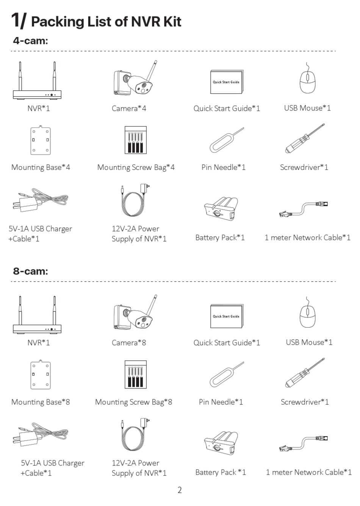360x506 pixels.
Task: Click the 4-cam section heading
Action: [30, 41]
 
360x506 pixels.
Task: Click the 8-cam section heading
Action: [30, 271]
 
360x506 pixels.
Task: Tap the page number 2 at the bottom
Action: [180, 490]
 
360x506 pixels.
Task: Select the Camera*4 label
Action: [129, 108]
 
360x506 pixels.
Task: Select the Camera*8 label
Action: [129, 343]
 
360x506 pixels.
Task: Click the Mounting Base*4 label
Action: [41, 167]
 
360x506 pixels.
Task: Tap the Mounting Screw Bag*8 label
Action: [133, 402]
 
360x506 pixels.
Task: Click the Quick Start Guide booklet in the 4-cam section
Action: [226, 82]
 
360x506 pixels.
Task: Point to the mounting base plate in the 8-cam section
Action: [40, 375]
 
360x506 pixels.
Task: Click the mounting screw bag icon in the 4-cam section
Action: [136, 140]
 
